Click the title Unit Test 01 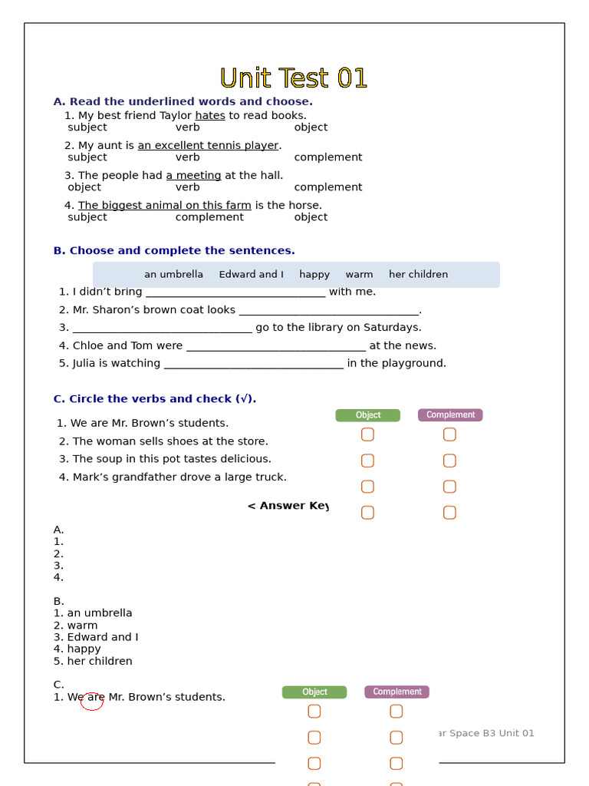294,78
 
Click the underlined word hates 210,116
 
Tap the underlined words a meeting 193,176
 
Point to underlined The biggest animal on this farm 164,206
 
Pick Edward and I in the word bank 251,275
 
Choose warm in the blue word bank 359,275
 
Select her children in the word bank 418,275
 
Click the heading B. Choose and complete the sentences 174,251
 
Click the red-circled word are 95,698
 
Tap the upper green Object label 367,415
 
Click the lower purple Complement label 397,692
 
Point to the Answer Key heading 288,506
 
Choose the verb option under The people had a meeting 187,187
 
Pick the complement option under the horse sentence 209,217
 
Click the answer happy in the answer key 84,649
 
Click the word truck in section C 272,477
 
